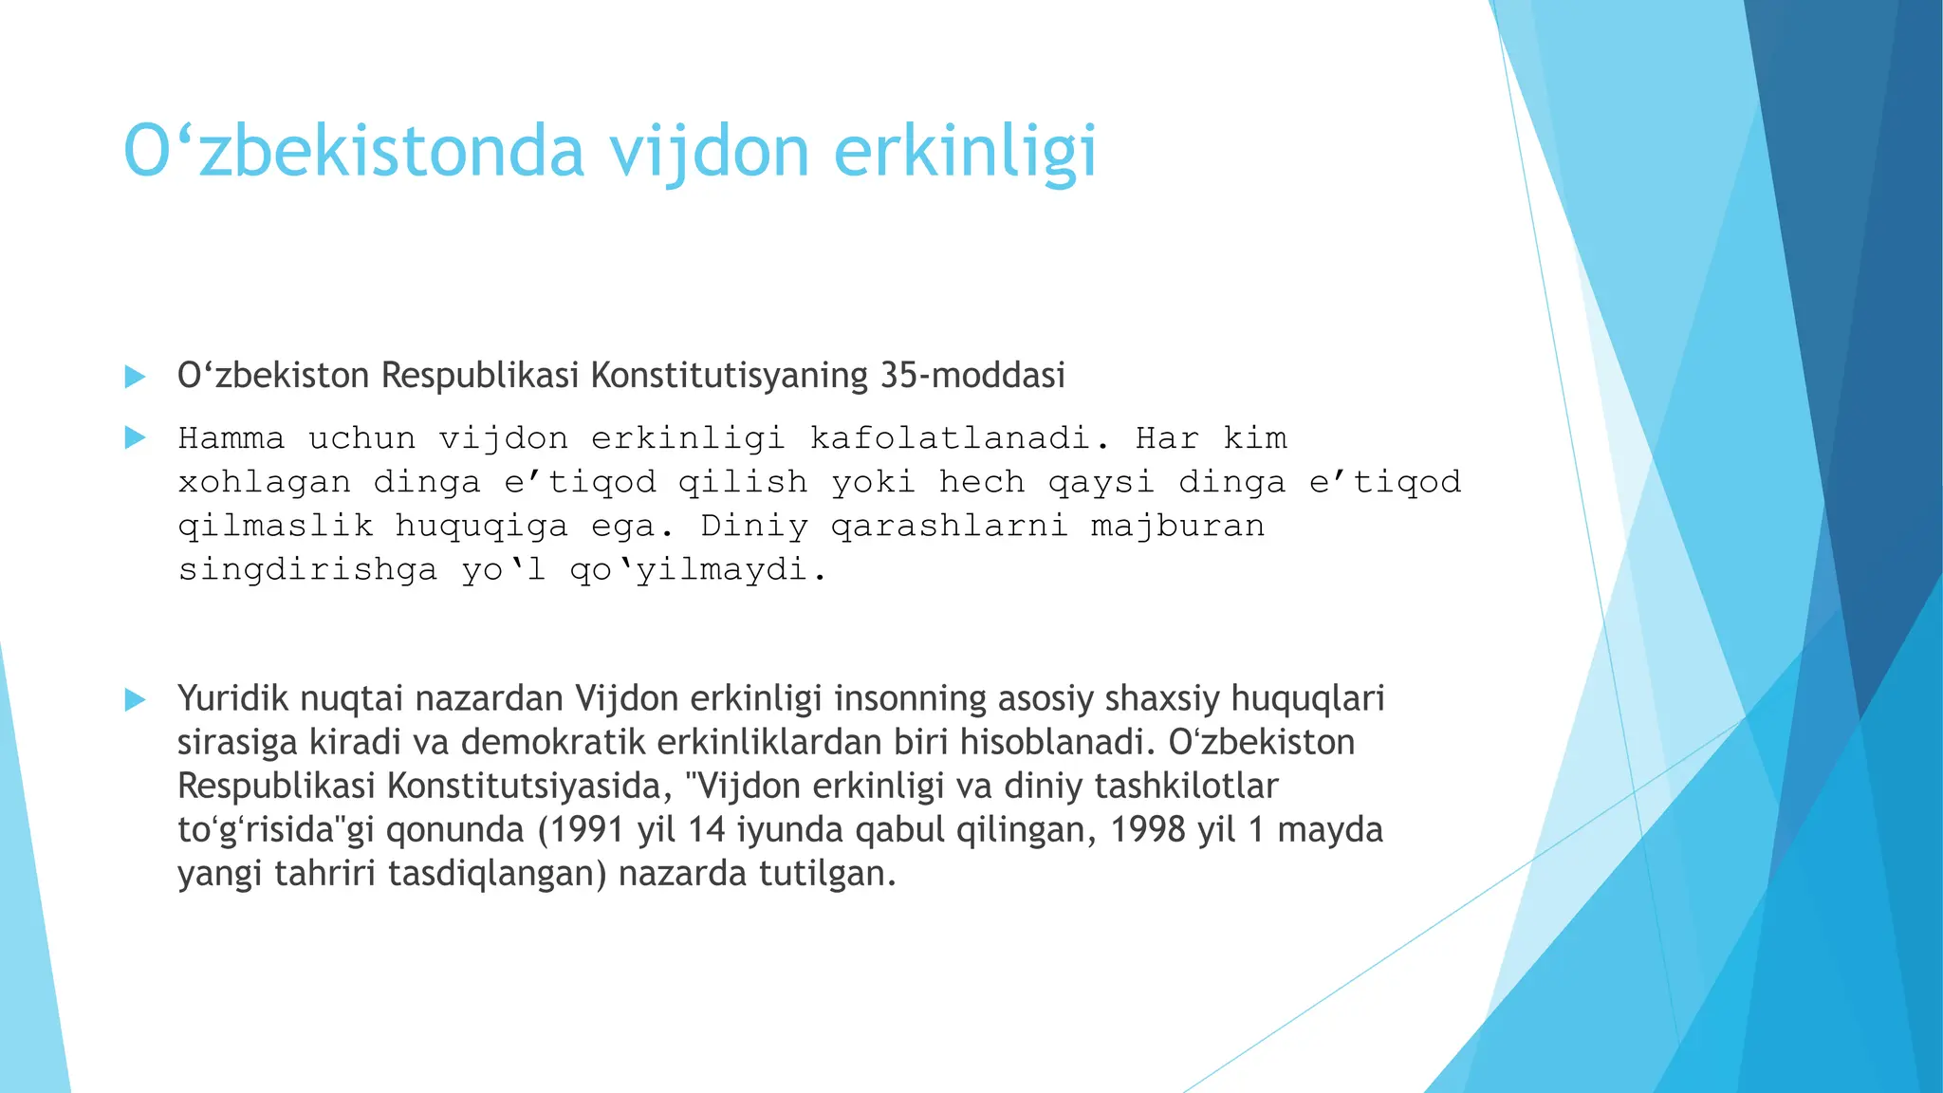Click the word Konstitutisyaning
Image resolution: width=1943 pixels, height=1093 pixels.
tap(729, 376)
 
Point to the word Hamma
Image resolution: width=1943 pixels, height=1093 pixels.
tap(231, 438)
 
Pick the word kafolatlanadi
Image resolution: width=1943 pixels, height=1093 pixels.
tap(959, 438)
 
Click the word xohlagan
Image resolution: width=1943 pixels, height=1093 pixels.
tap(264, 482)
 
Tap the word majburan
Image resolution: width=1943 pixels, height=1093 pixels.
tap(1177, 526)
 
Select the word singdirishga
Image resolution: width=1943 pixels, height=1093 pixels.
tap(307, 569)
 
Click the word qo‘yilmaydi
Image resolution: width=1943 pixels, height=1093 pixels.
tap(698, 569)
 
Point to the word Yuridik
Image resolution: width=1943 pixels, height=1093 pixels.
tap(232, 698)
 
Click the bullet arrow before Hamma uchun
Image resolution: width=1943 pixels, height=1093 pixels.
tap(135, 438)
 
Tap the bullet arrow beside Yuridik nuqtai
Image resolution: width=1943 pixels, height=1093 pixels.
tap(135, 700)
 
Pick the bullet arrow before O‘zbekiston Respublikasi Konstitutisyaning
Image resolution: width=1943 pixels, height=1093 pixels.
tap(135, 377)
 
